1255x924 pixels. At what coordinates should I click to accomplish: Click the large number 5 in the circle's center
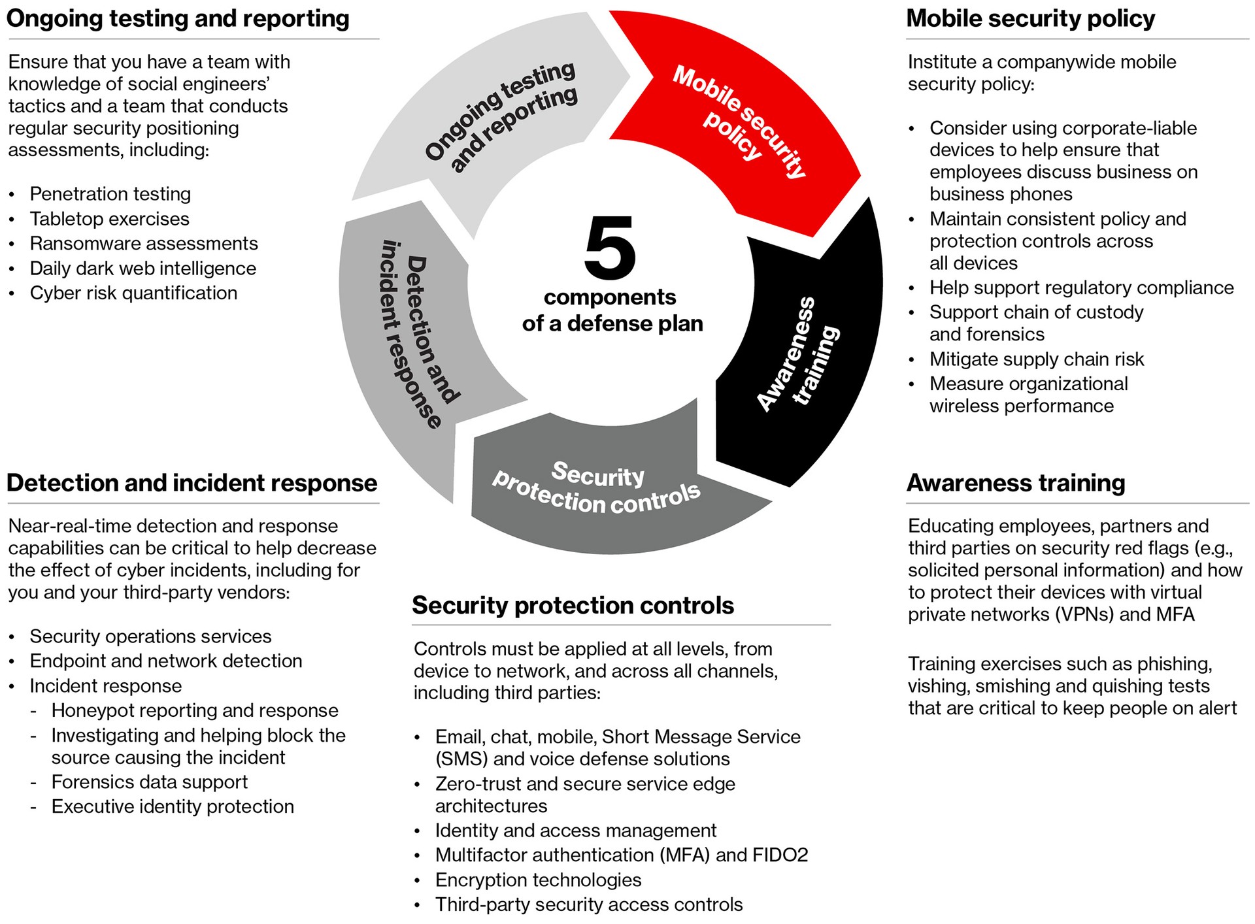coord(610,249)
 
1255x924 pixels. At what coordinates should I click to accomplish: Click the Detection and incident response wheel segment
coord(412,340)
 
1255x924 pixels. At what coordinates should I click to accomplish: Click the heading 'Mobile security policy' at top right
coord(1030,18)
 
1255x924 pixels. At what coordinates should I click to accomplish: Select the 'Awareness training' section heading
coord(1016,483)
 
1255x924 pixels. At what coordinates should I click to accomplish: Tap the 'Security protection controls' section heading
coord(573,605)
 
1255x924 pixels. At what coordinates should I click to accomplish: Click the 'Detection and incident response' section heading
coord(192,483)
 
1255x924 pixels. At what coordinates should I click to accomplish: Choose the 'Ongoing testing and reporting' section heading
coord(178,18)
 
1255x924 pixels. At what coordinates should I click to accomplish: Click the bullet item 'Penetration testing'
coord(110,194)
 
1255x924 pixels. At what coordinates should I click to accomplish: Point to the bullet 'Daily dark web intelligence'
coord(143,269)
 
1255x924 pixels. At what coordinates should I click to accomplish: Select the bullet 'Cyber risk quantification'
coord(133,293)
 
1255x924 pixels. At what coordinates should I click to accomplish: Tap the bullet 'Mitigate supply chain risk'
coord(1037,359)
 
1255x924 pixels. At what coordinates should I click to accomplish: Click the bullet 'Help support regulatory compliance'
coord(1082,288)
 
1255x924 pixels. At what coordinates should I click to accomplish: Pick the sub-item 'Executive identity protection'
coord(173,806)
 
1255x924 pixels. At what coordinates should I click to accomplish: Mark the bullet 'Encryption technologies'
coord(538,880)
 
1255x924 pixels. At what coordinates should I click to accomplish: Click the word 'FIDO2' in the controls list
coord(780,855)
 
